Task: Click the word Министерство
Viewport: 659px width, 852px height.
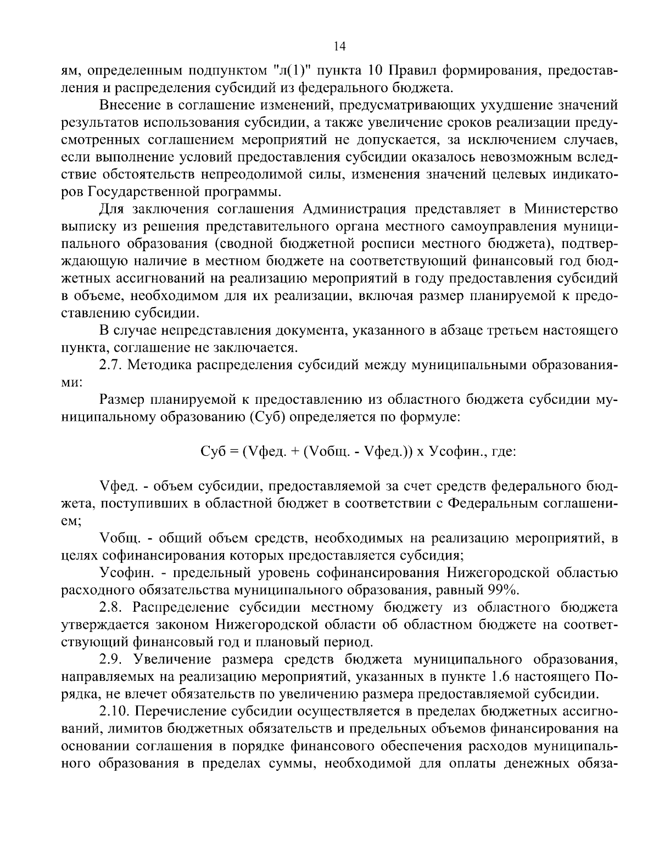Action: point(571,210)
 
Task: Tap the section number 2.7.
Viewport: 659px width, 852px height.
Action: point(111,365)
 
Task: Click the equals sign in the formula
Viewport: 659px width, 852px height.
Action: point(233,452)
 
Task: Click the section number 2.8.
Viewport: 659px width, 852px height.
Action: point(111,608)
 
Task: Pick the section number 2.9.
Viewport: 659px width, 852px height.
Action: point(111,659)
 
